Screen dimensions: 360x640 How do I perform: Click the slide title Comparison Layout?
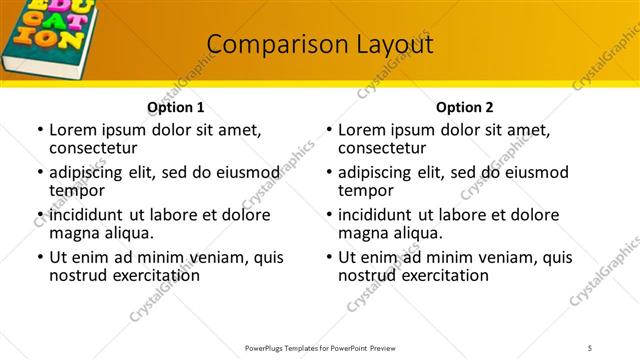click(320, 44)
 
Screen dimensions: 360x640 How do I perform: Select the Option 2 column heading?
click(464, 107)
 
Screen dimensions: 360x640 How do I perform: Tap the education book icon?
click(46, 34)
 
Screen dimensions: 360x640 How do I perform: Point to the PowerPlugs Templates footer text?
click(319, 348)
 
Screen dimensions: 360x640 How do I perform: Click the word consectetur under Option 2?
click(381, 148)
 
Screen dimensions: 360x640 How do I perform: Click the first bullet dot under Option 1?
click(40, 130)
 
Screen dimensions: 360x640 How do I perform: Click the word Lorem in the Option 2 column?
click(362, 129)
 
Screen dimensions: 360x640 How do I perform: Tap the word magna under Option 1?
click(72, 233)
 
